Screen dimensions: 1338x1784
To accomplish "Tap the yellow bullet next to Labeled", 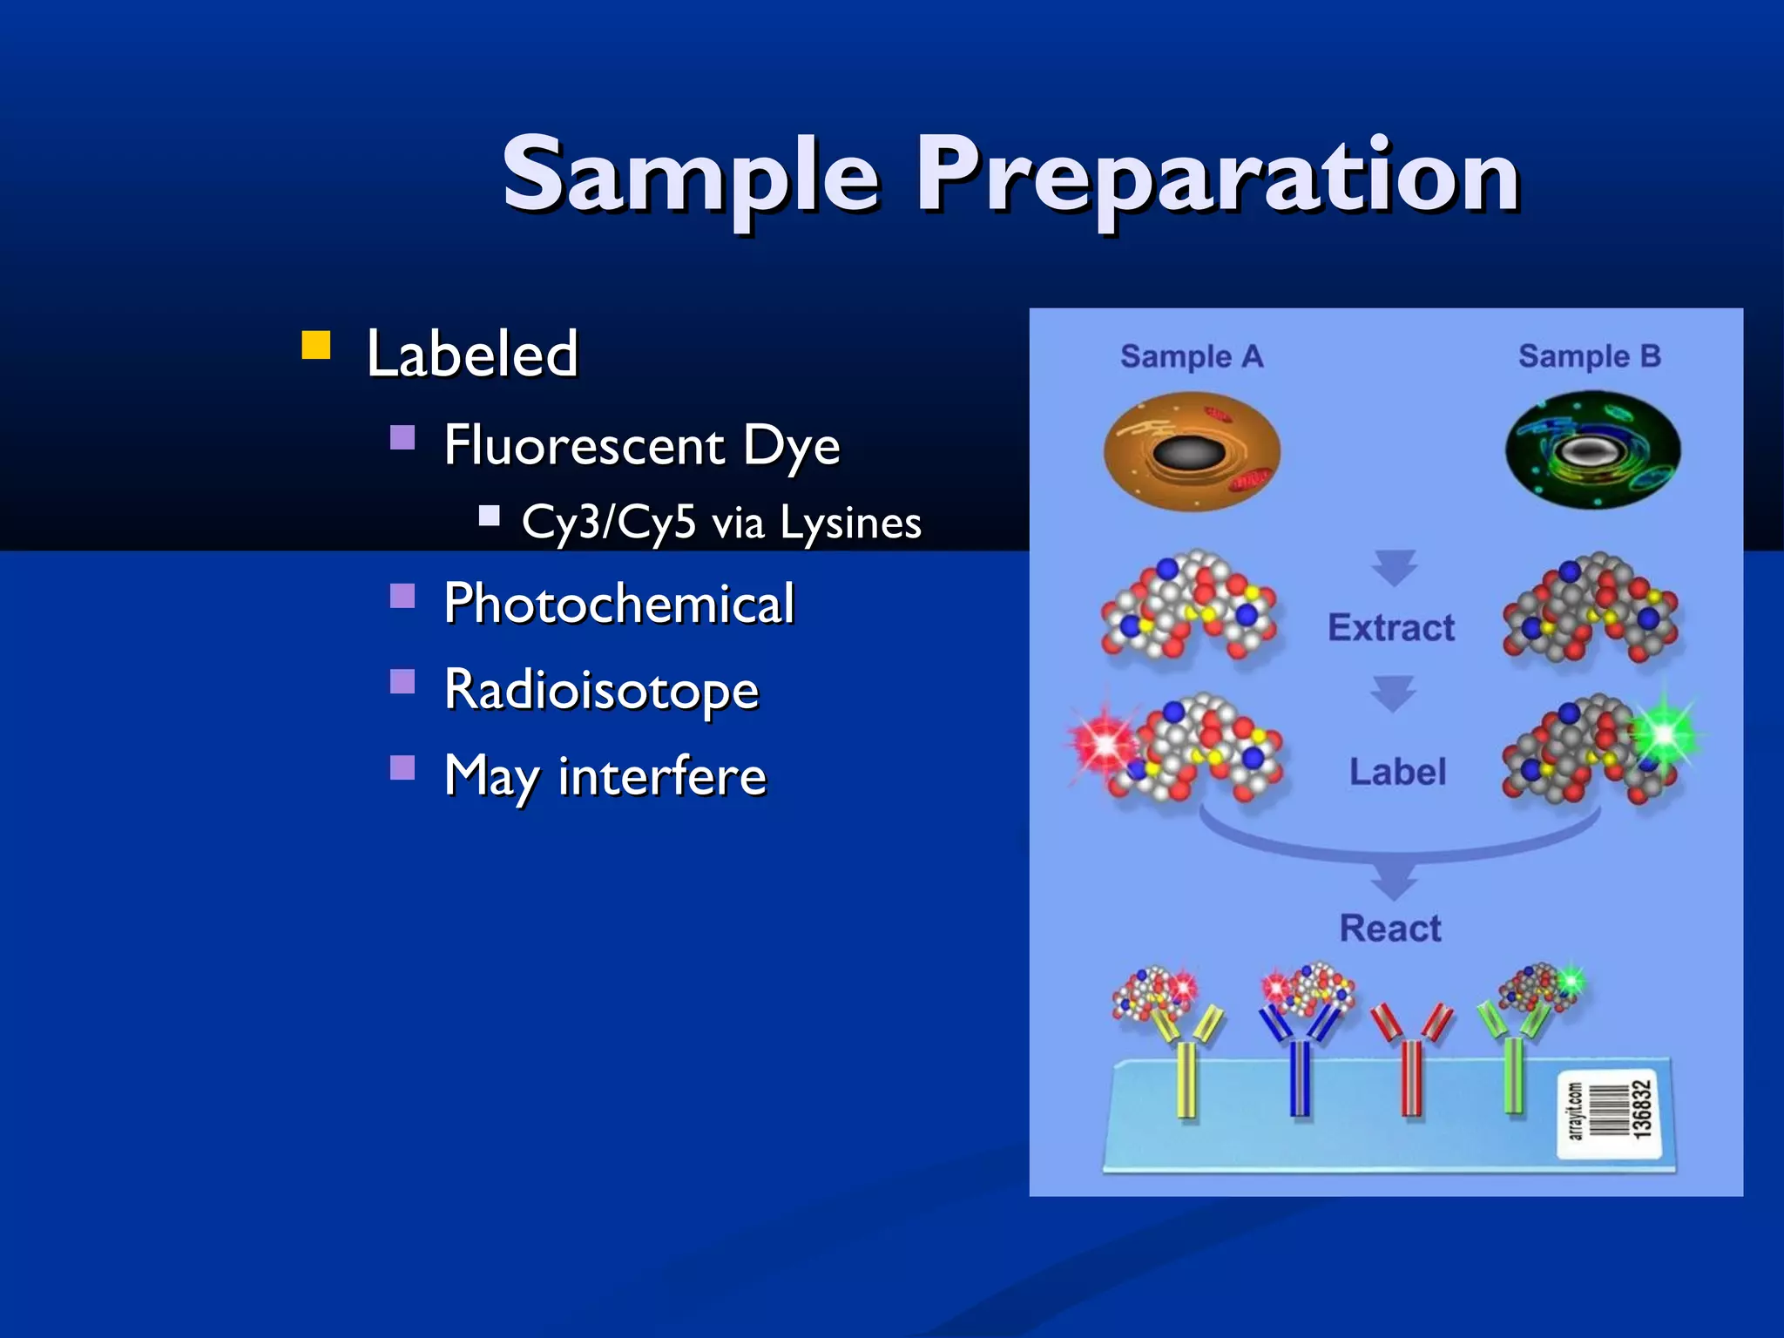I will pos(316,345).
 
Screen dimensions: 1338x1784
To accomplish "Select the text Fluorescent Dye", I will pos(642,445).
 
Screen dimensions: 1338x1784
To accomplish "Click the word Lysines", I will pos(850,523).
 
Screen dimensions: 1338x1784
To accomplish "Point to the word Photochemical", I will pos(619,603).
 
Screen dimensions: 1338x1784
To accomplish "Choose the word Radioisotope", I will pos(602,689).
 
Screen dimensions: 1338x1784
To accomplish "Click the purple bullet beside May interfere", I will pos(402,767).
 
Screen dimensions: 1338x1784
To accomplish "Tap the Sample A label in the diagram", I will pos(1191,356).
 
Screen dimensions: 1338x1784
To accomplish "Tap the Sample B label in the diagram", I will pos(1589,356).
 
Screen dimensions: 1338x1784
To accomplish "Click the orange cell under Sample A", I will pos(1192,451).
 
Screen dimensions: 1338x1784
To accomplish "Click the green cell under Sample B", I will pos(1592,450).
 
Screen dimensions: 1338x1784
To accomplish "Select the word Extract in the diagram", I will pos(1391,627).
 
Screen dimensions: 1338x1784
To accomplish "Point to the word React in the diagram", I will pos(1390,929).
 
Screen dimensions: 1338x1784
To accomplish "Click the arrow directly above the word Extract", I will pos(1394,567).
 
